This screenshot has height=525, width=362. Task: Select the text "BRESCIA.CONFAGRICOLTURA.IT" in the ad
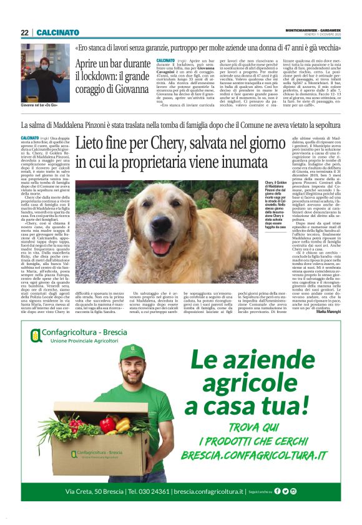[255, 456]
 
